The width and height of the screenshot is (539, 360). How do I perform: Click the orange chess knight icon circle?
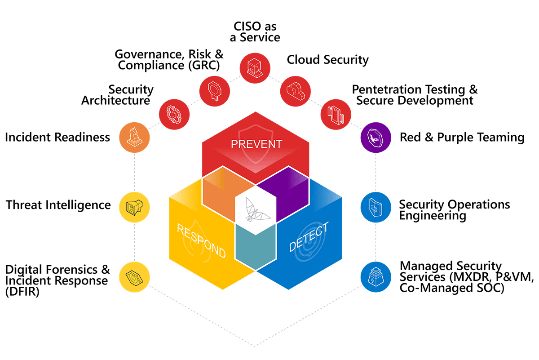(134, 138)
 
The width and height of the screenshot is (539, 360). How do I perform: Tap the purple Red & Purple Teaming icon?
(376, 138)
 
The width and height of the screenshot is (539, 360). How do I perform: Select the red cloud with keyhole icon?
(295, 91)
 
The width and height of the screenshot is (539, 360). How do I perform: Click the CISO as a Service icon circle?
(255, 68)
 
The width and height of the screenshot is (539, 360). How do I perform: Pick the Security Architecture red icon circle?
(174, 114)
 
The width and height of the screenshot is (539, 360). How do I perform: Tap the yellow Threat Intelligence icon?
(134, 207)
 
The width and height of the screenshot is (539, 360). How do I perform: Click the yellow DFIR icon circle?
(134, 277)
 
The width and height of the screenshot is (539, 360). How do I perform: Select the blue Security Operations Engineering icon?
(376, 207)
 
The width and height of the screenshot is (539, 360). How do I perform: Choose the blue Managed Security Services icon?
(376, 277)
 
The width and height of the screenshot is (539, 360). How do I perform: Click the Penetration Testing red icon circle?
(336, 114)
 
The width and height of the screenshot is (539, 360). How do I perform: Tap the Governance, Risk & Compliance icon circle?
(214, 91)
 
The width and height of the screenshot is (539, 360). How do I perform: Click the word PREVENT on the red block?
(256, 144)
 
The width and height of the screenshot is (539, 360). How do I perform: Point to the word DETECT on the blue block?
(309, 237)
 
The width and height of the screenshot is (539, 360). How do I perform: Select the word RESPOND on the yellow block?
(201, 240)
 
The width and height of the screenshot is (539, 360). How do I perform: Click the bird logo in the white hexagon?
(257, 209)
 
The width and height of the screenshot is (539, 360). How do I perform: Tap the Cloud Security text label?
(327, 60)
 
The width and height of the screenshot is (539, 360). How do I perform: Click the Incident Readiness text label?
(57, 137)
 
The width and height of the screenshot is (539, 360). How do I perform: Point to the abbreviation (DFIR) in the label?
(22, 292)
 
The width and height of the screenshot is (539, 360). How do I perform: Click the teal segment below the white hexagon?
(256, 248)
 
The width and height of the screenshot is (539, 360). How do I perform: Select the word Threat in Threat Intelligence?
(24, 205)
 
